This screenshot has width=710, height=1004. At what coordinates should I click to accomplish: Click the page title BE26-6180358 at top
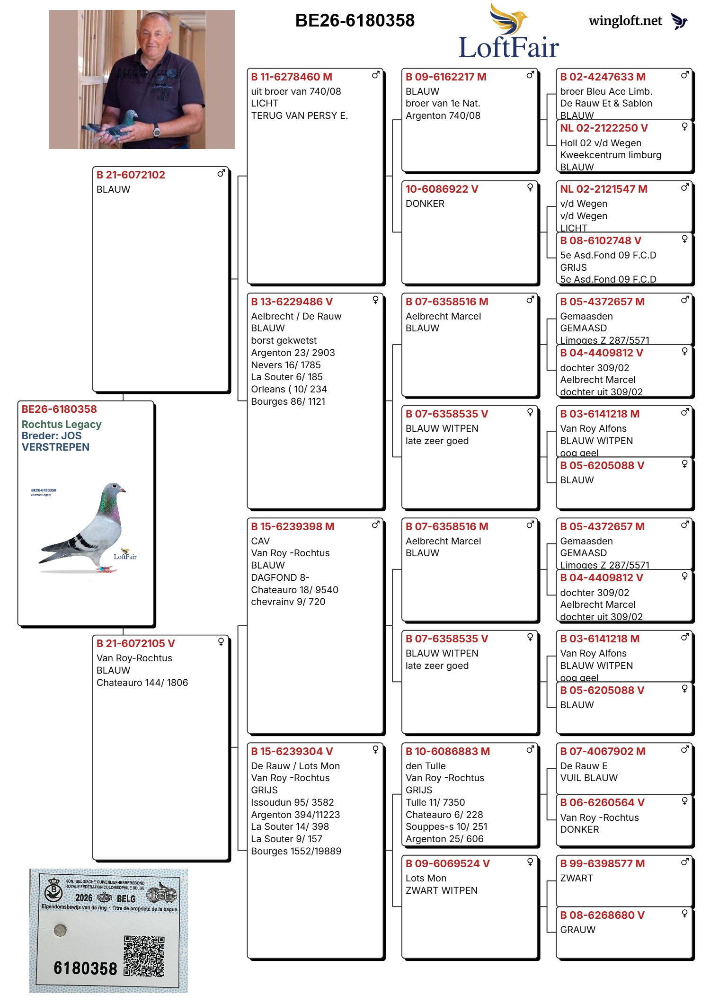click(x=355, y=20)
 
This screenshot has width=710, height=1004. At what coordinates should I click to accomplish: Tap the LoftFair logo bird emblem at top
click(x=509, y=18)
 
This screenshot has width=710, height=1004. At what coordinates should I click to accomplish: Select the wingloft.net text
click(x=625, y=21)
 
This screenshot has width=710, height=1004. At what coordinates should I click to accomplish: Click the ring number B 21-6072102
click(x=131, y=175)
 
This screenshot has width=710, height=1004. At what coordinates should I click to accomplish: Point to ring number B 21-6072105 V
click(x=135, y=643)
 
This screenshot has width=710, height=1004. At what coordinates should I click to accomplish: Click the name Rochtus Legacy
click(x=62, y=424)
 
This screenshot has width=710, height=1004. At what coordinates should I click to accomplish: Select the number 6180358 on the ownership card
click(x=85, y=968)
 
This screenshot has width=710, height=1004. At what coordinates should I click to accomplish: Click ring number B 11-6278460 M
click(x=292, y=77)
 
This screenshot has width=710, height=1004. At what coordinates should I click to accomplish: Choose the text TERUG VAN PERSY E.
click(x=299, y=116)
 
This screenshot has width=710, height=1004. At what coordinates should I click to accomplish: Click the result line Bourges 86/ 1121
click(x=288, y=401)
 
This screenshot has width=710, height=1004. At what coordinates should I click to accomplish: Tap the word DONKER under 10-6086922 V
click(x=425, y=204)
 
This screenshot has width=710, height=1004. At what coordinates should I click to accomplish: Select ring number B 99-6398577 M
click(x=602, y=863)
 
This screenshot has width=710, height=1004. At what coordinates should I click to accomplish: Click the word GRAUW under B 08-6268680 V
click(x=577, y=930)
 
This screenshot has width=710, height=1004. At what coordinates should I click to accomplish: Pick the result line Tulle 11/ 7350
click(x=435, y=802)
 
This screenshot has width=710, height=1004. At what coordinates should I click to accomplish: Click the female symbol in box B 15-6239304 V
click(x=375, y=749)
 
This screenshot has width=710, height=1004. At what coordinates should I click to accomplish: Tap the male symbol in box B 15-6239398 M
click(x=376, y=524)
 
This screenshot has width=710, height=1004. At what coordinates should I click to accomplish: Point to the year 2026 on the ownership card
click(x=84, y=898)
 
